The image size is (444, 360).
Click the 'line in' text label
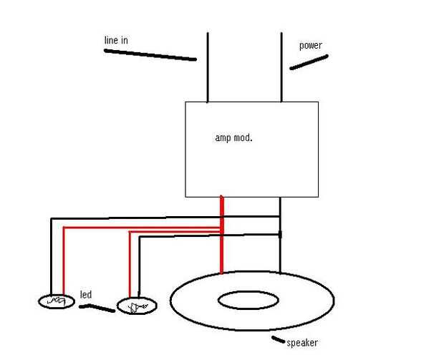pyautogui.click(x=116, y=41)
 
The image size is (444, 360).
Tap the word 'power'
pyautogui.click(x=310, y=46)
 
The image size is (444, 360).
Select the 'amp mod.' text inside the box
pyautogui.click(x=233, y=137)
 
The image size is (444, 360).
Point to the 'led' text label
pyautogui.click(x=85, y=295)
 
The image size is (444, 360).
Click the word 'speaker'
pyautogui.click(x=301, y=343)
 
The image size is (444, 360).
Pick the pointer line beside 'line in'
pyautogui.click(x=150, y=55)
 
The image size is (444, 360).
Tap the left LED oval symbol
pyautogui.click(x=56, y=301)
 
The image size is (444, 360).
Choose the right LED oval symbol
pyautogui.click(x=136, y=307)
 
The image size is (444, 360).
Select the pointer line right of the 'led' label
pyautogui.click(x=97, y=308)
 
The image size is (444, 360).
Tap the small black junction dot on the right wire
pyautogui.click(x=280, y=234)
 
